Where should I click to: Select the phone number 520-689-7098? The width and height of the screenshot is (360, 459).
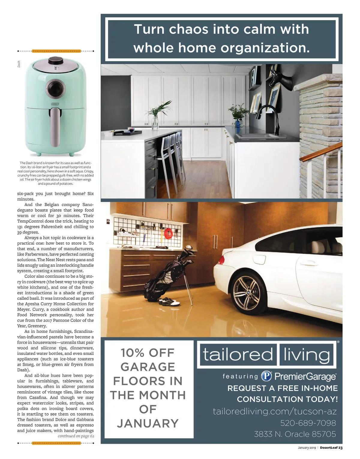308,423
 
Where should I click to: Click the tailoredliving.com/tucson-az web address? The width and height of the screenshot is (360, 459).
274,411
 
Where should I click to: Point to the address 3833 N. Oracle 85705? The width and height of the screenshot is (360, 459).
295,434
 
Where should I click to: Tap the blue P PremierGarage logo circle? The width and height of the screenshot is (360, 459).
266,376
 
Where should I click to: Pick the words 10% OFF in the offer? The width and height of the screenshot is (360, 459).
148,353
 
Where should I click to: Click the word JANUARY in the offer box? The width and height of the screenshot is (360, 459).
148,423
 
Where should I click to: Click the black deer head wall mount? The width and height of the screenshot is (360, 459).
281,79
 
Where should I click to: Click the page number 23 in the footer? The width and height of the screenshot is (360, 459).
340,448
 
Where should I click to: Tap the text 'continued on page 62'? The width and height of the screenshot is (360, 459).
76,436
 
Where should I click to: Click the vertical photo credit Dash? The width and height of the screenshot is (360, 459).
19,64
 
